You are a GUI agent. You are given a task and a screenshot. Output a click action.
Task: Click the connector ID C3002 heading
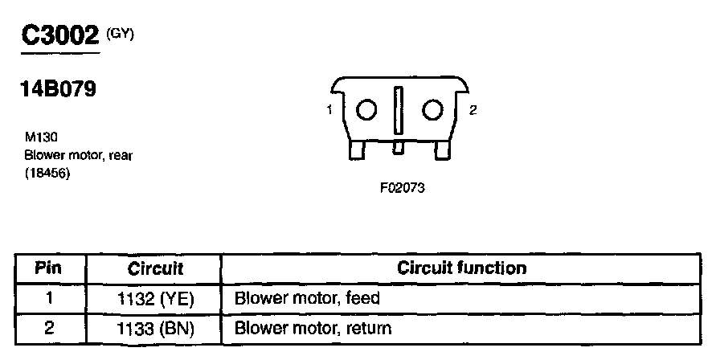[x=59, y=35]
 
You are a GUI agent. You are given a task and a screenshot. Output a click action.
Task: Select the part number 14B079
[x=59, y=88]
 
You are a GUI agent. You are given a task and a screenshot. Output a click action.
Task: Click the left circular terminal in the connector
[x=366, y=110]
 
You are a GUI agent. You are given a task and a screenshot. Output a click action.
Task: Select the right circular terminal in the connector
[x=433, y=110]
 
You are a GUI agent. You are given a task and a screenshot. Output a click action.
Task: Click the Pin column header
[x=49, y=268]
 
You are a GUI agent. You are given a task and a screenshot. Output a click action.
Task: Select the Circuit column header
[x=155, y=268]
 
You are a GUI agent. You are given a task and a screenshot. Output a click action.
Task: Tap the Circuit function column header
[x=462, y=268]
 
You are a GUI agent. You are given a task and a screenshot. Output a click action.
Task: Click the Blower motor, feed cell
[x=306, y=298]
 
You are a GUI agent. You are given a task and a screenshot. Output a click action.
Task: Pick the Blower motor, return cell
[x=312, y=328]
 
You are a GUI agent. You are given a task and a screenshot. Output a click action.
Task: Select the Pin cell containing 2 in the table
[x=49, y=328]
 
